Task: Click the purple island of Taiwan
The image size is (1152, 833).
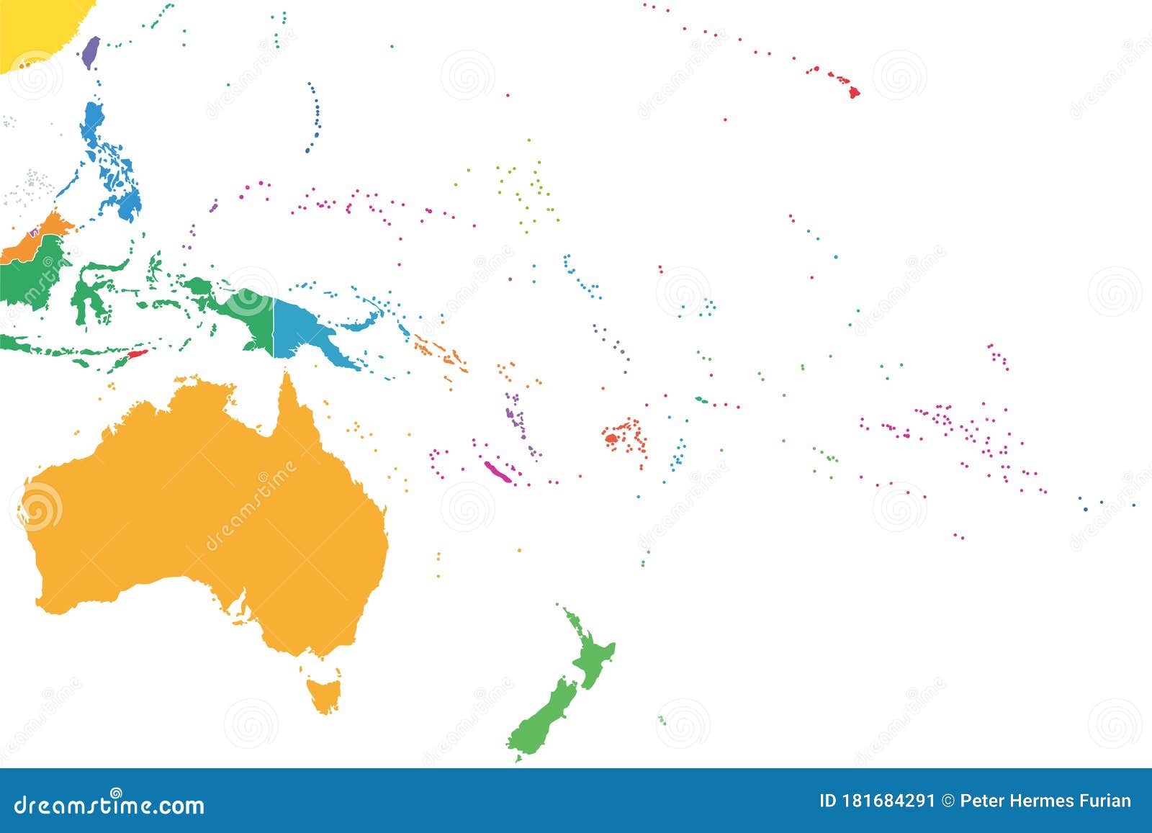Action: pos(90,52)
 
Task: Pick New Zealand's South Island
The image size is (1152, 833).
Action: pos(544,716)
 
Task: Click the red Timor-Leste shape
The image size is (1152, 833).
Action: pos(137,355)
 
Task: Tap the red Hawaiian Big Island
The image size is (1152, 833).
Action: pos(854,92)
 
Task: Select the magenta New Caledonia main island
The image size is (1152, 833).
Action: pos(498,472)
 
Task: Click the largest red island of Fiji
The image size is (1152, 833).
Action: pos(611,437)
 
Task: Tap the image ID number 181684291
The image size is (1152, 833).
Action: pos(890,801)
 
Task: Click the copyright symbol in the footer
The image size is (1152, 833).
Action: pos(948,801)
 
